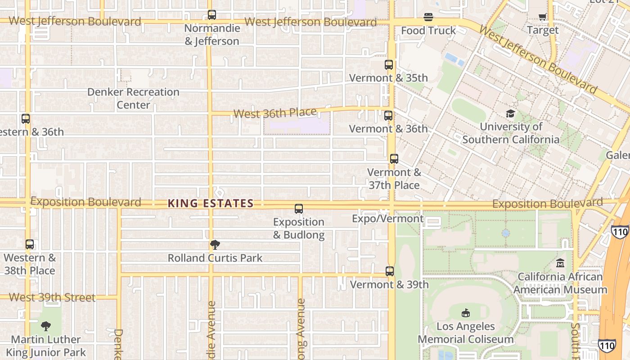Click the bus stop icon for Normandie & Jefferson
click(x=212, y=15)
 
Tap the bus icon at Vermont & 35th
click(x=389, y=65)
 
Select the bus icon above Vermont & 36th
click(x=388, y=116)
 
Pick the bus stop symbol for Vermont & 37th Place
click(x=394, y=159)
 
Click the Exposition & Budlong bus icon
click(x=299, y=209)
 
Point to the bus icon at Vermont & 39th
click(x=390, y=271)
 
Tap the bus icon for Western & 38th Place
click(x=30, y=245)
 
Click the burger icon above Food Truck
click(x=428, y=18)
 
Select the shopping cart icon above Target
click(x=542, y=17)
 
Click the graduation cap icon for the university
click(x=510, y=113)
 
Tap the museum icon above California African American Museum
click(x=560, y=263)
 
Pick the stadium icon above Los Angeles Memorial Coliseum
click(x=466, y=313)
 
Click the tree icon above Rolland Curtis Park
click(x=215, y=245)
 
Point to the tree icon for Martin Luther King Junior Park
click(x=45, y=326)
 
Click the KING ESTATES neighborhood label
click(x=211, y=204)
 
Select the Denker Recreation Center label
click(x=133, y=99)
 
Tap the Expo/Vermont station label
click(x=387, y=219)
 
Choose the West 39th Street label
click(x=52, y=297)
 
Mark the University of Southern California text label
click(x=511, y=133)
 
